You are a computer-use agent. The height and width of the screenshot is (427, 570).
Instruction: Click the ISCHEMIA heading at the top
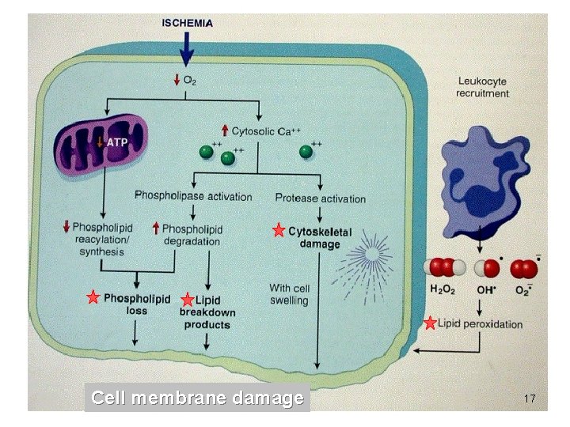pyautogui.click(x=187, y=24)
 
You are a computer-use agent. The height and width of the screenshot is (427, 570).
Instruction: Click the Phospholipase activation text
pyautogui.click(x=193, y=195)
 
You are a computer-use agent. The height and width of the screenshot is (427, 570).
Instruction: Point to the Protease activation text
pyautogui.click(x=321, y=198)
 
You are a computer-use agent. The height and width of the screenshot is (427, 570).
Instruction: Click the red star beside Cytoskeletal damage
pyautogui.click(x=278, y=231)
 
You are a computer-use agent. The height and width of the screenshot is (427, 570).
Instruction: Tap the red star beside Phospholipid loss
pyautogui.click(x=93, y=298)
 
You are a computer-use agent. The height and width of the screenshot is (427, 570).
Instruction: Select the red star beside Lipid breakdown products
pyautogui.click(x=187, y=300)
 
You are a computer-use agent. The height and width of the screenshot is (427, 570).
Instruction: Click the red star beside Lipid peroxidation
pyautogui.click(x=429, y=323)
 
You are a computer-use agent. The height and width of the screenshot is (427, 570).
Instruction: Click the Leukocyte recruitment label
pyautogui.click(x=482, y=87)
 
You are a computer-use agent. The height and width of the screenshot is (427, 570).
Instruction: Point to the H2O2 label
pyautogui.click(x=443, y=290)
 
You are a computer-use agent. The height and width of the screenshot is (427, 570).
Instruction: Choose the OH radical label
pyautogui.click(x=484, y=290)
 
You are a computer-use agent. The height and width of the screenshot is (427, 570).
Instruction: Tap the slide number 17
pyautogui.click(x=530, y=399)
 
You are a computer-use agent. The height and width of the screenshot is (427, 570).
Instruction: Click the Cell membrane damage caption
pyautogui.click(x=197, y=398)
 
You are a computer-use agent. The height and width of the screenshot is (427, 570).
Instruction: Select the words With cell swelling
pyautogui.click(x=289, y=294)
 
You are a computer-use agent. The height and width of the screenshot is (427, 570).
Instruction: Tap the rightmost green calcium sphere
pyautogui.click(x=305, y=150)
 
